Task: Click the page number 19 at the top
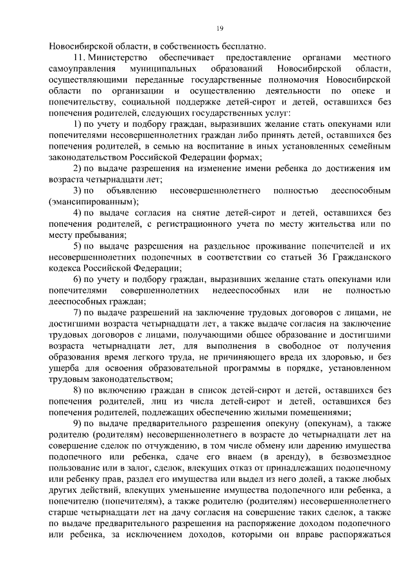(219, 26)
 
